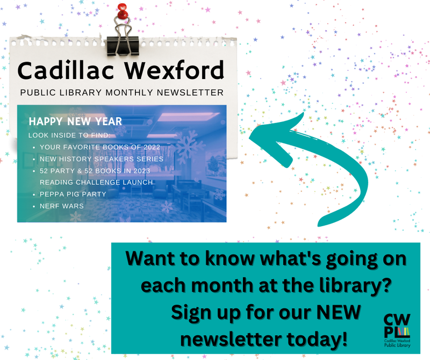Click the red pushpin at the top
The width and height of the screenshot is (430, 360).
pyautogui.click(x=123, y=11)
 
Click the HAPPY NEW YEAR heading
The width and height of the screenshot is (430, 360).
pyautogui.click(x=75, y=121)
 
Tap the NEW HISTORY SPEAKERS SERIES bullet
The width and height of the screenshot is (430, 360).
pyautogui.click(x=101, y=159)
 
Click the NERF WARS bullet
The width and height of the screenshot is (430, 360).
pyautogui.click(x=59, y=205)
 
